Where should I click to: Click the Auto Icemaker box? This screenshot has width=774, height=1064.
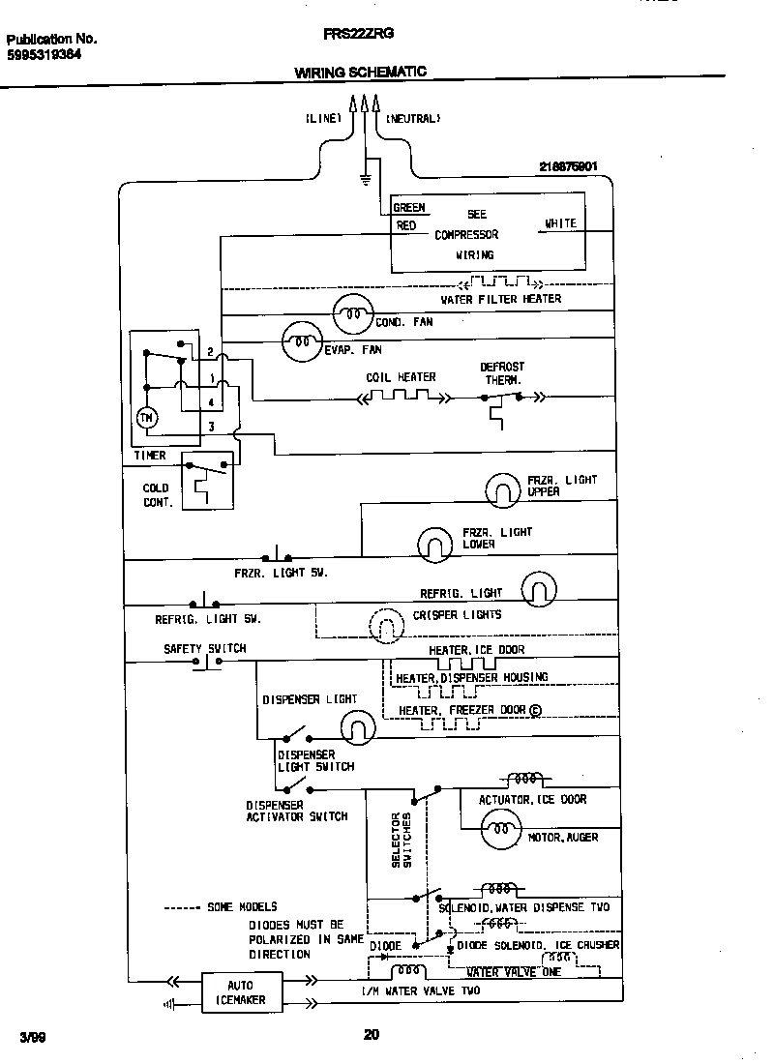(x=233, y=992)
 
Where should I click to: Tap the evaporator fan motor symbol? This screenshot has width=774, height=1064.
(x=300, y=340)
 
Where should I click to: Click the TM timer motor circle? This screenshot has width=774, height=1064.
(x=146, y=418)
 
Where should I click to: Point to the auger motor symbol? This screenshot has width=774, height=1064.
(x=500, y=830)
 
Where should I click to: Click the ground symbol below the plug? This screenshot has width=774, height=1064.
(x=365, y=177)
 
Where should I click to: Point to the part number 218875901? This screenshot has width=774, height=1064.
(x=569, y=166)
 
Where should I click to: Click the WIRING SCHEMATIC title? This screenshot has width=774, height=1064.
(x=360, y=73)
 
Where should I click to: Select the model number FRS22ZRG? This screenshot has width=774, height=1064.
(x=358, y=33)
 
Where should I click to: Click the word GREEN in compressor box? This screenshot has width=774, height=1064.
(x=409, y=208)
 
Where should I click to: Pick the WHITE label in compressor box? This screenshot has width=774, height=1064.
(x=560, y=223)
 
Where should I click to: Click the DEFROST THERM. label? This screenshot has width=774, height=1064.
(x=502, y=373)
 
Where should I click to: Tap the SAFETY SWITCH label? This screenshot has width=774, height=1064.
(x=205, y=648)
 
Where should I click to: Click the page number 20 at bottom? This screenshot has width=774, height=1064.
(x=371, y=1034)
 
